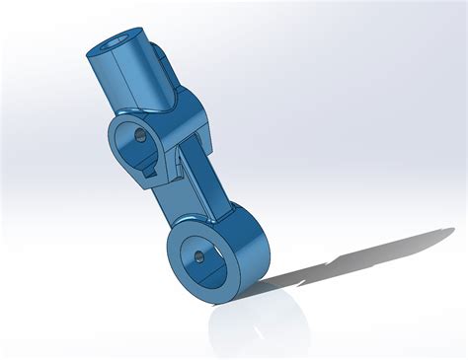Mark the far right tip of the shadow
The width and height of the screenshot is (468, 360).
[x=455, y=233]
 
